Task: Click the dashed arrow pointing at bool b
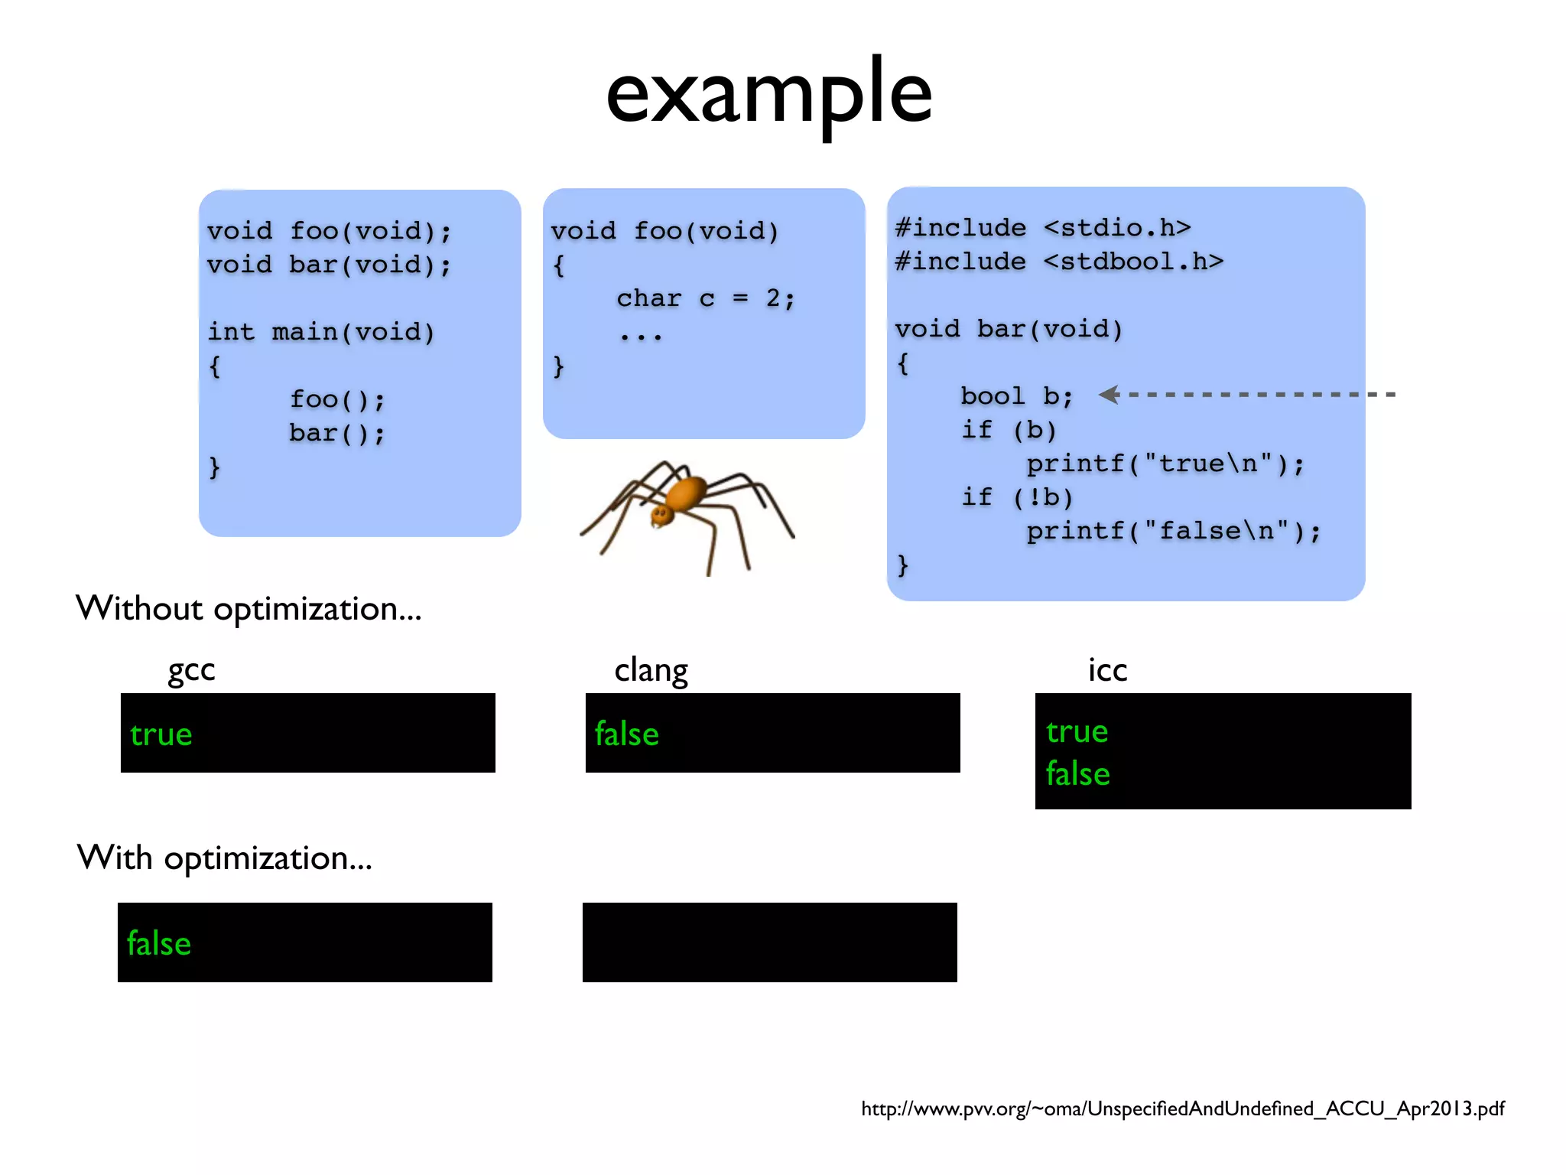(x=1246, y=395)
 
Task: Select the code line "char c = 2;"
(x=706, y=298)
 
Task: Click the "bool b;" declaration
(x=1017, y=396)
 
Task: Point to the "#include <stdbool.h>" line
(x=1059, y=262)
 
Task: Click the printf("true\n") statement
(x=1165, y=464)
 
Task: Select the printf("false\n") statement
(x=1173, y=531)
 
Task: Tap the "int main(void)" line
(x=320, y=332)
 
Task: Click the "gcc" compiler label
(x=191, y=670)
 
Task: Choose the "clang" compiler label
(x=651, y=670)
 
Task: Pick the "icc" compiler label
(x=1107, y=670)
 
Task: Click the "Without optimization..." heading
(x=249, y=609)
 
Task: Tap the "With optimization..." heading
(x=225, y=858)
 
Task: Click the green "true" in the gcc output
(x=161, y=734)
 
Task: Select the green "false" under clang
(x=626, y=734)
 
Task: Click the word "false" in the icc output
(x=1077, y=773)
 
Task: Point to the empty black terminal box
(x=769, y=942)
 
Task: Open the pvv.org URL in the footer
(x=1182, y=1108)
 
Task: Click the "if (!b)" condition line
(x=1017, y=497)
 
